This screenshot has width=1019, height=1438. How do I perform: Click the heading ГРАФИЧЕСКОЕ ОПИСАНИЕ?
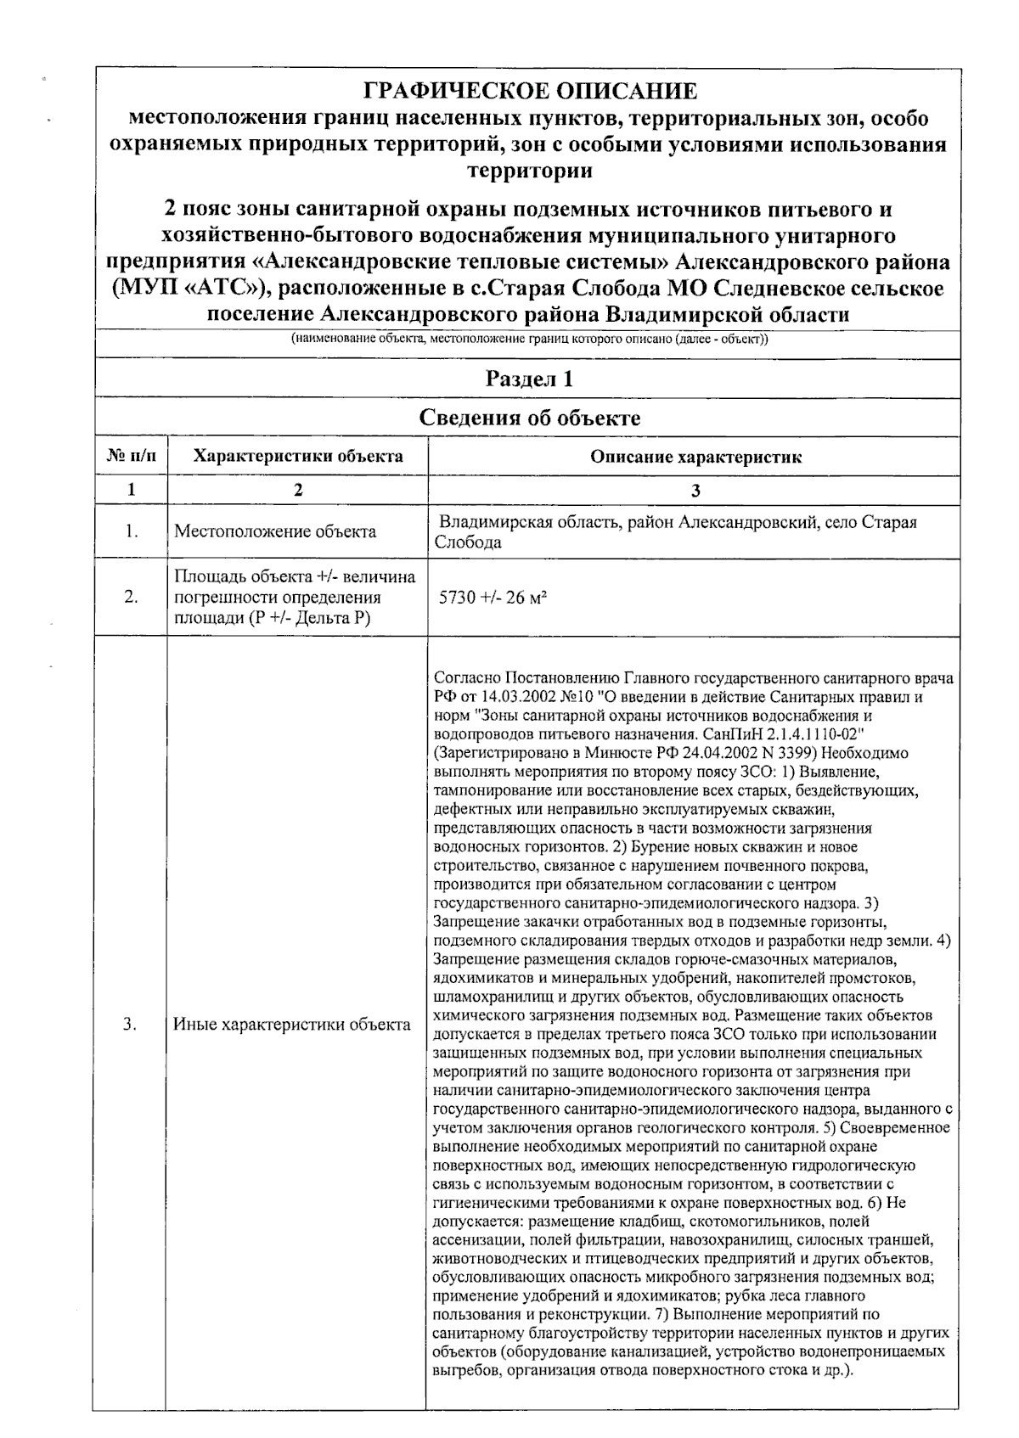(530, 92)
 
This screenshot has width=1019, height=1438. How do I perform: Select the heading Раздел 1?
(529, 379)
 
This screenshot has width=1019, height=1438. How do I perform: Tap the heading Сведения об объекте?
(530, 418)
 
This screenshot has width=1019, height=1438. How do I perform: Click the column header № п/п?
(131, 457)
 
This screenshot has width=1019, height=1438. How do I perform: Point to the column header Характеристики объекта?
(298, 457)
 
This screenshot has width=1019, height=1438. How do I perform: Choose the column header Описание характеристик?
(695, 458)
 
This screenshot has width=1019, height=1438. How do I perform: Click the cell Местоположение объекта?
(275, 532)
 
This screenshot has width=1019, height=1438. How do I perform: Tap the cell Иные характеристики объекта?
(292, 1025)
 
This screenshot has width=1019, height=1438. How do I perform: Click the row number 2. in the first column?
(131, 598)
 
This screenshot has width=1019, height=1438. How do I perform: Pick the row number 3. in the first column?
(131, 1025)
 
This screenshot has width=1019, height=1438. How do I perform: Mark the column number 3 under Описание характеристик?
(695, 490)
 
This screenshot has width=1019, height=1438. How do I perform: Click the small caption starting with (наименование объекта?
(529, 340)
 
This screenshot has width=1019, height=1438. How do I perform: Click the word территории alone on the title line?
(530, 171)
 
